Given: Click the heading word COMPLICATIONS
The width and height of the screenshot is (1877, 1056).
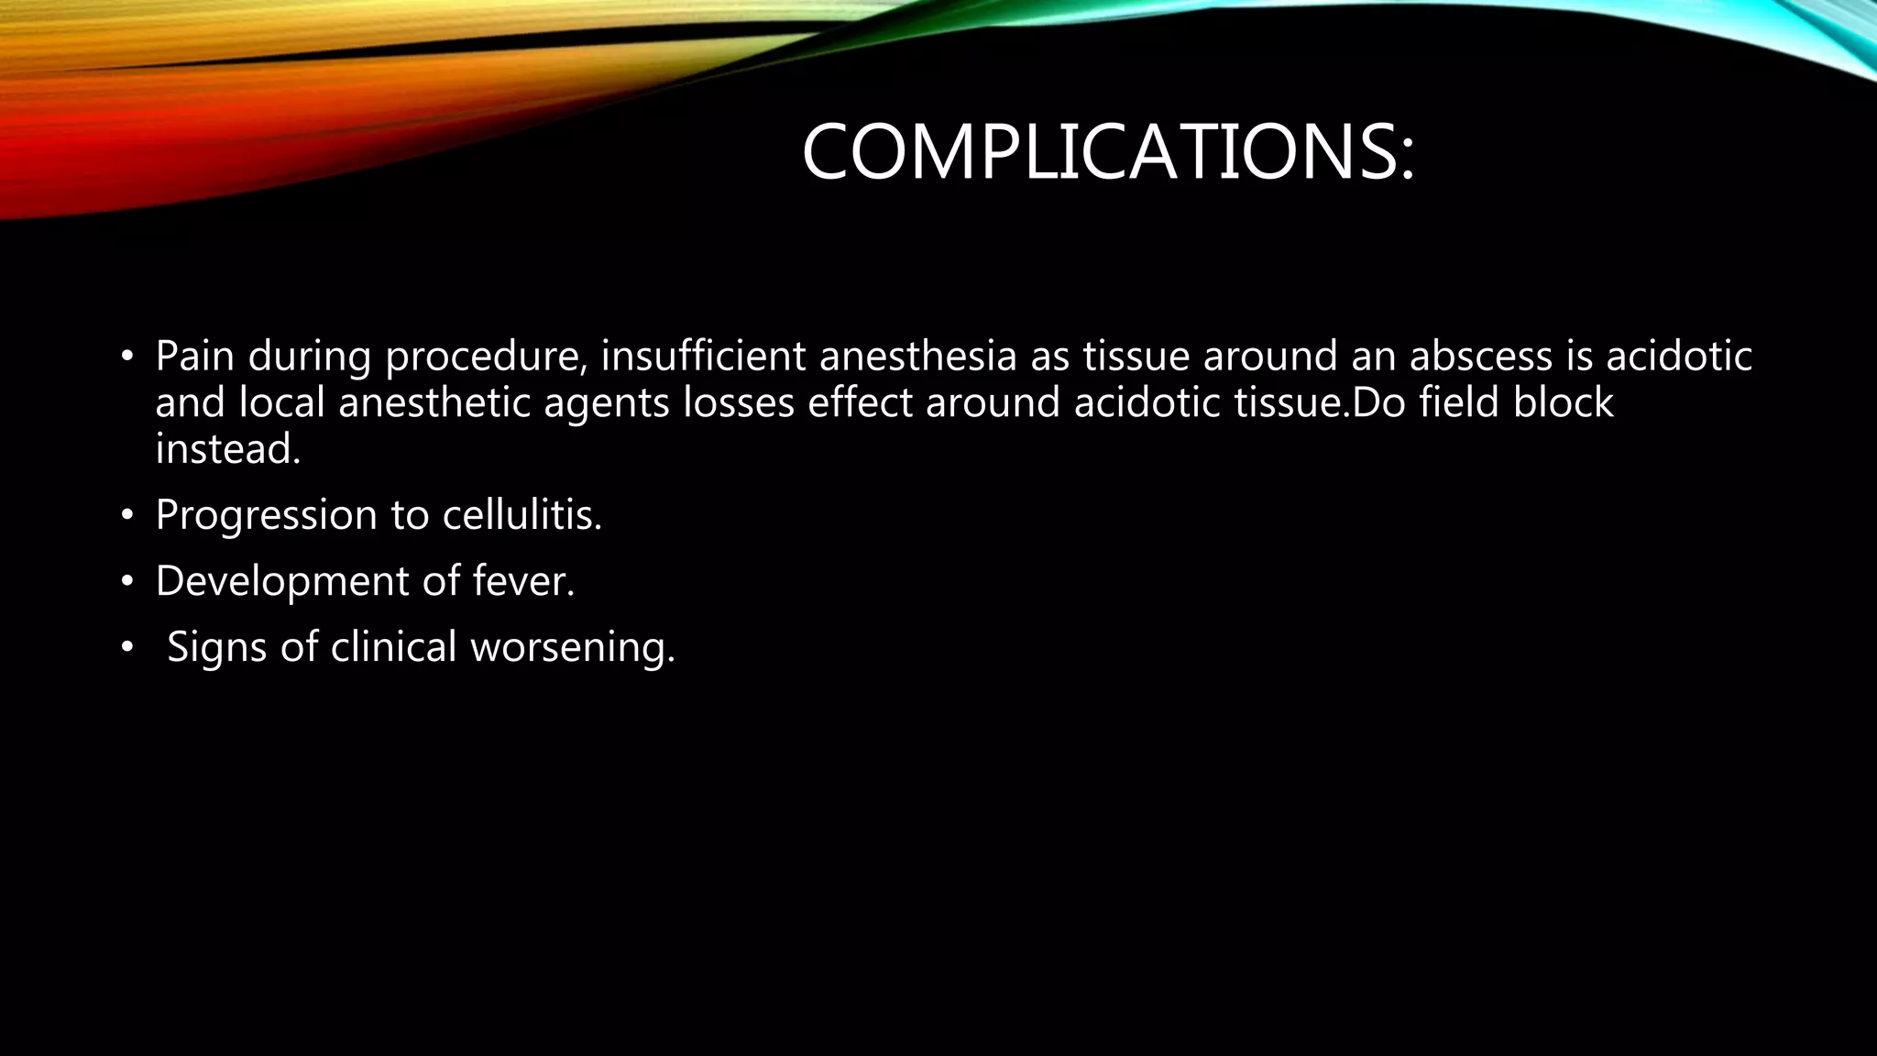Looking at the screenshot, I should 1107,152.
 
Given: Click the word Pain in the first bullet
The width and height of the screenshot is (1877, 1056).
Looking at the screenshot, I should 194,356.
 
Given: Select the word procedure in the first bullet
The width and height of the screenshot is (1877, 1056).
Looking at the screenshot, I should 486,357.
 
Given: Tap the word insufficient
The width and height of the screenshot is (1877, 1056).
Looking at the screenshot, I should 703,356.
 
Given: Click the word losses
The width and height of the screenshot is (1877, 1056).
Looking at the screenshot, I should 739,402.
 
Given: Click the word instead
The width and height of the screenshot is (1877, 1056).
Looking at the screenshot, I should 227,449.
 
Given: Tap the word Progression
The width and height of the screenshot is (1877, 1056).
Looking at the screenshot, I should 266,515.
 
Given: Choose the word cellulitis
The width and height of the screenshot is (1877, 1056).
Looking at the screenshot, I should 521,515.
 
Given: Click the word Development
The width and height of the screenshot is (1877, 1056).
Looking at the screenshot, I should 281,581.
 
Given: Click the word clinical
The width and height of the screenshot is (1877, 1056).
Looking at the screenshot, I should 393,646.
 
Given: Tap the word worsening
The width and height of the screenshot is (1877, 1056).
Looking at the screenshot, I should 572,647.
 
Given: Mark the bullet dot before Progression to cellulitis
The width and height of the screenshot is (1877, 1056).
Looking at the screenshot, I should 127,516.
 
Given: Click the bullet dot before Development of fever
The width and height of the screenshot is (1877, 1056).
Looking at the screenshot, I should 127,582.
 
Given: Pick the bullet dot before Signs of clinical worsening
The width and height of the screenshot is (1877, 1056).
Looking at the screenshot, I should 127,648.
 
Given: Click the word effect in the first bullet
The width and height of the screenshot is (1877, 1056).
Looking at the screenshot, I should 860,402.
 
